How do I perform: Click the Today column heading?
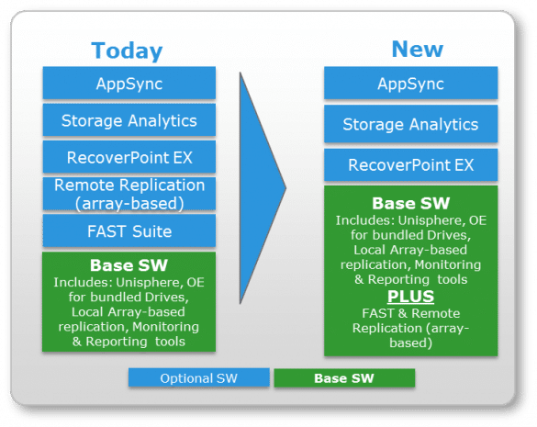(x=127, y=51)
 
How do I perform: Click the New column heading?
(x=417, y=49)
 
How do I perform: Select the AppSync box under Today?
(x=129, y=83)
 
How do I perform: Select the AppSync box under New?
(x=410, y=83)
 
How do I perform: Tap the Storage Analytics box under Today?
(x=129, y=120)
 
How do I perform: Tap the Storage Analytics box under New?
(x=410, y=124)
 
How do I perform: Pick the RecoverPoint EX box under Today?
(x=129, y=157)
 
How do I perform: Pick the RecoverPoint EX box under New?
(x=410, y=165)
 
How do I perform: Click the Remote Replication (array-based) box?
(x=129, y=194)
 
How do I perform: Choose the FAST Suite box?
(x=129, y=230)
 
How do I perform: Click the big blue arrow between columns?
(x=257, y=188)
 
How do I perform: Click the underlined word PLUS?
(x=410, y=297)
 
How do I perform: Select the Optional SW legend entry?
(x=199, y=377)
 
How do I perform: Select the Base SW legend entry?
(x=344, y=378)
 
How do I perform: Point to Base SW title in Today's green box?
(x=129, y=265)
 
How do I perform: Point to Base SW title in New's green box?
(x=411, y=203)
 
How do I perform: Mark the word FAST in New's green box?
(x=378, y=313)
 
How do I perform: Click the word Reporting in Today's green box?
(x=117, y=342)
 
